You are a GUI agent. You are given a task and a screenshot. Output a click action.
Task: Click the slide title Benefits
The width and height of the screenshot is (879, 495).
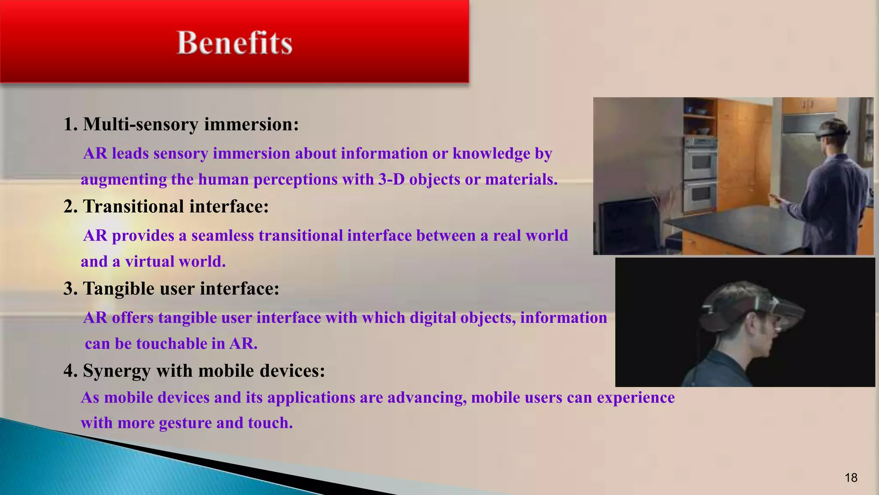pyautogui.click(x=234, y=43)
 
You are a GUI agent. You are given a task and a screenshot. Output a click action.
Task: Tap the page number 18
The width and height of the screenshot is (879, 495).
pyautogui.click(x=851, y=477)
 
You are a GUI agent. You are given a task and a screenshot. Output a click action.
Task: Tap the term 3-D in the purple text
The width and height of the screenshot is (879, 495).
pyautogui.click(x=391, y=179)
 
